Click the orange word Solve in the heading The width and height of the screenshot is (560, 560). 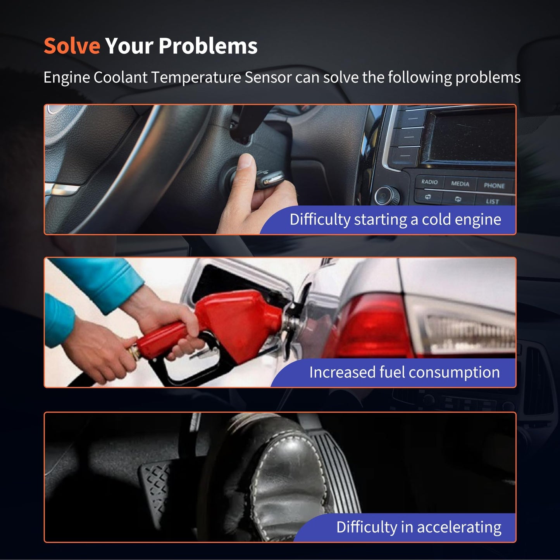click(x=72, y=46)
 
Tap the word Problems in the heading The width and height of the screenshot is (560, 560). click(x=208, y=46)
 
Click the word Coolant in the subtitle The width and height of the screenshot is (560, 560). click(x=120, y=78)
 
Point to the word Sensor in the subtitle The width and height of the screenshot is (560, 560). click(x=268, y=78)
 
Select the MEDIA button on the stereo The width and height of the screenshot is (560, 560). click(x=460, y=184)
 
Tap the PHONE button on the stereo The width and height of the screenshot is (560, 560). click(x=494, y=185)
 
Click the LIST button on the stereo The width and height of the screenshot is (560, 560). click(x=492, y=201)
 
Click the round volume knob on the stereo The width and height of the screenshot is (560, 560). click(x=386, y=196)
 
